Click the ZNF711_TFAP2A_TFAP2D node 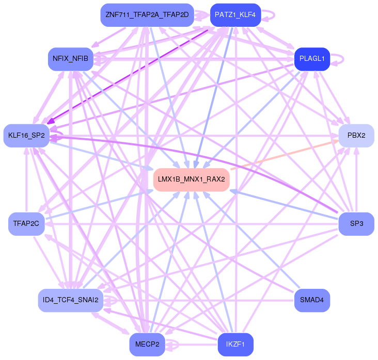[x=147, y=14]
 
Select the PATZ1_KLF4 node [x=235, y=14]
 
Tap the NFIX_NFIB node [x=70, y=59]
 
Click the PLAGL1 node [x=312, y=59]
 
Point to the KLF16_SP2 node [x=26, y=136]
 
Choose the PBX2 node [x=356, y=136]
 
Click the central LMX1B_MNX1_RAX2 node [x=191, y=179]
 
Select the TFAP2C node [x=26, y=224]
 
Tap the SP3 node [x=356, y=224]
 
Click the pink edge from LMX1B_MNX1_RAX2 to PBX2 [x=284, y=154]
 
